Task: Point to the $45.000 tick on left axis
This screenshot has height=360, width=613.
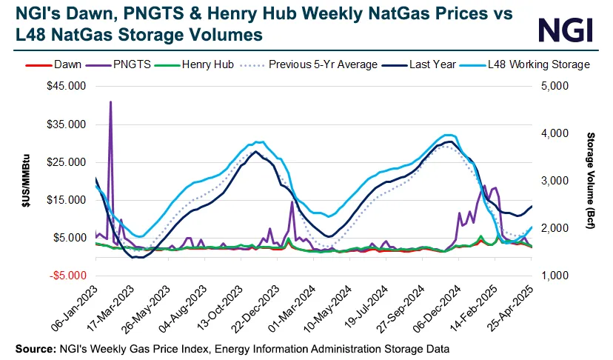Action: click(x=65, y=86)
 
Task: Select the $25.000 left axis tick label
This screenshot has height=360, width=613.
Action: click(x=65, y=162)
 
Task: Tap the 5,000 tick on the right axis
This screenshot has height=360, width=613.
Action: click(x=554, y=86)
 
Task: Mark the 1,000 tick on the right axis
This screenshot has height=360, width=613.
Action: click(x=554, y=276)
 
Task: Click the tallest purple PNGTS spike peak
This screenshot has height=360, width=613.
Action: click(x=110, y=102)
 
